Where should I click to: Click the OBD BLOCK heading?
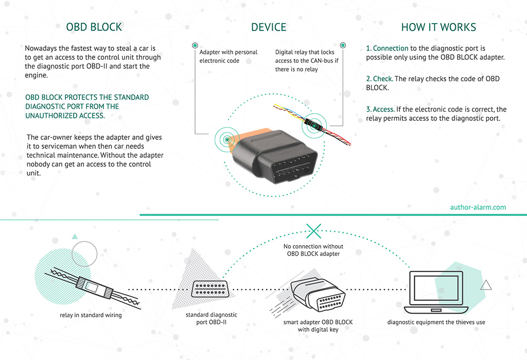[x=94, y=27]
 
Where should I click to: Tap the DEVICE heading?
[x=269, y=27]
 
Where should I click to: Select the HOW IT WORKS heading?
[x=438, y=27]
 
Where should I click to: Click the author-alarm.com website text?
[x=478, y=207]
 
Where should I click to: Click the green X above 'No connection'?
[x=313, y=230]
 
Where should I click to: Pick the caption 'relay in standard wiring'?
[x=87, y=315]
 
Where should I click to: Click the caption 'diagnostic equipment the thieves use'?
[x=436, y=322]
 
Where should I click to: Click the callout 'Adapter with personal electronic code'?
[x=229, y=57]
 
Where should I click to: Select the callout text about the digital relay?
[x=305, y=61]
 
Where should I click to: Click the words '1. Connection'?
[x=387, y=48]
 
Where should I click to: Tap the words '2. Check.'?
[x=379, y=79]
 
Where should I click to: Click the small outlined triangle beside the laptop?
[x=486, y=285]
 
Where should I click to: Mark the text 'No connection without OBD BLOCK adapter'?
[x=313, y=250]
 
